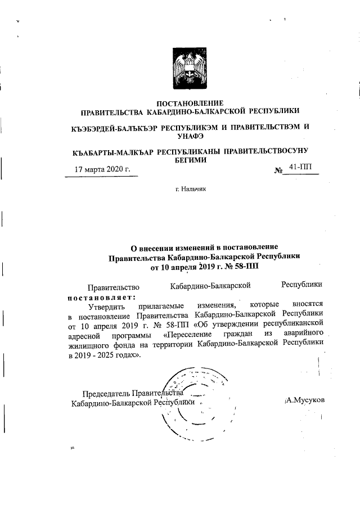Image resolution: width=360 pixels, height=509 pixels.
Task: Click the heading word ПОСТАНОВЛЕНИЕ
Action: click(x=190, y=103)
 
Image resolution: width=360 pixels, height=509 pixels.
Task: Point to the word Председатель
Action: click(x=106, y=394)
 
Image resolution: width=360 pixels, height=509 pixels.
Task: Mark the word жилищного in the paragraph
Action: click(x=88, y=346)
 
